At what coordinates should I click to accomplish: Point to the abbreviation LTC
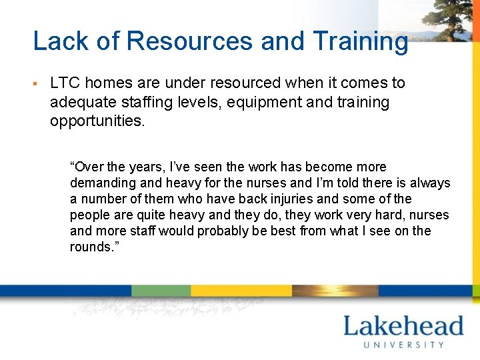65,83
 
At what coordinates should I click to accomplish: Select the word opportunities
97,122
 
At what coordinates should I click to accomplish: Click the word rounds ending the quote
89,247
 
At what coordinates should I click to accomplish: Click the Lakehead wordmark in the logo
403,327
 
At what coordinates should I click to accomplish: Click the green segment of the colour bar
161,291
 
